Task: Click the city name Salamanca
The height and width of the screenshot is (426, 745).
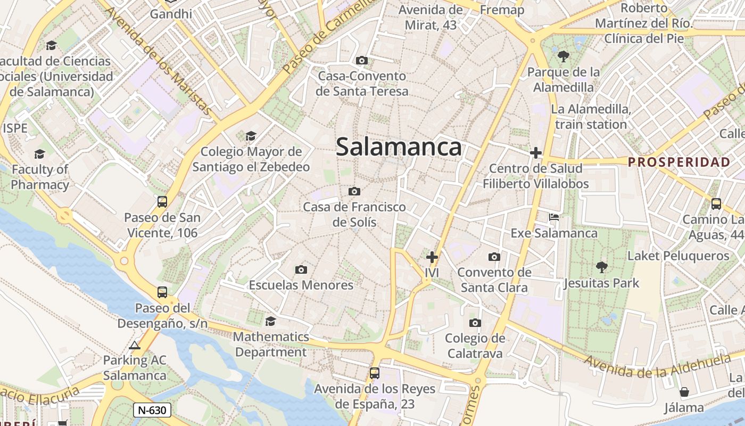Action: [399, 147]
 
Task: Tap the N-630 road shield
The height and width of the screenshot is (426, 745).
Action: [152, 409]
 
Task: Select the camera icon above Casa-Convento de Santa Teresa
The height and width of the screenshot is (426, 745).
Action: [362, 61]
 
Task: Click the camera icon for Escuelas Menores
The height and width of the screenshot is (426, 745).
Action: [301, 270]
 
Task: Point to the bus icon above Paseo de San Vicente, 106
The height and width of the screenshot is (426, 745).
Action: [162, 202]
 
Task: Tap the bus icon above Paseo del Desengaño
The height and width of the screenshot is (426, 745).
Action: [162, 292]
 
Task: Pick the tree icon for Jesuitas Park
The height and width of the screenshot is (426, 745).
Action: [601, 267]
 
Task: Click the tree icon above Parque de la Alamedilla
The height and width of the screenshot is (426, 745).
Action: [563, 56]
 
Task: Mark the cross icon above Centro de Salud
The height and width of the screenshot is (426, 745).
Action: [536, 153]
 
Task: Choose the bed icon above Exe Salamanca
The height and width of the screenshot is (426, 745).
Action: [554, 217]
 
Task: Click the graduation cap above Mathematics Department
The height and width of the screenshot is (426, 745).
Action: [270, 321]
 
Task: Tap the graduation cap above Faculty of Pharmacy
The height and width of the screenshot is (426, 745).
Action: [39, 154]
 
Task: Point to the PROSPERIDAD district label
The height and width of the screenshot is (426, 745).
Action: [678, 162]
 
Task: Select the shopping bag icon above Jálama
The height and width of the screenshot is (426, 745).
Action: [684, 392]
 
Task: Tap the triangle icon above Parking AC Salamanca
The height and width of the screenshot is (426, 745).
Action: [135, 346]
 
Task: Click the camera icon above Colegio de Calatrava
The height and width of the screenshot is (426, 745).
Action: [475, 323]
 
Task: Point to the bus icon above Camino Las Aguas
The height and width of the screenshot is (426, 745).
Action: [716, 203]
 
